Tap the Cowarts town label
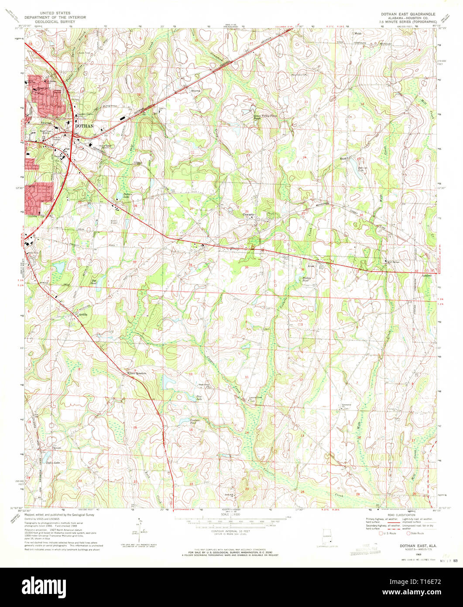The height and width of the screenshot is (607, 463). click(249, 214)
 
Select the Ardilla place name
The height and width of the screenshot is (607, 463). click(83, 314)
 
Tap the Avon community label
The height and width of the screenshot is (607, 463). click(311, 266)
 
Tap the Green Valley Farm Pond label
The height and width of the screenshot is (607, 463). click(266, 117)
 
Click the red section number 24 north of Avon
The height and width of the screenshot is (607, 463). click(305, 157)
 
